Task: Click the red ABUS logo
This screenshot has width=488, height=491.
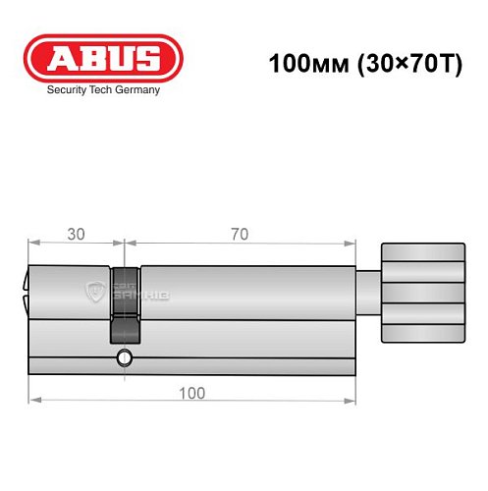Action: coord(103,58)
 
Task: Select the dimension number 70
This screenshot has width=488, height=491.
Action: coord(239,234)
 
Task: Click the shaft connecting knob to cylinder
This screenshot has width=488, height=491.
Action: coord(366,292)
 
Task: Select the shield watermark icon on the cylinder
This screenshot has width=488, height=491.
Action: coord(96,292)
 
